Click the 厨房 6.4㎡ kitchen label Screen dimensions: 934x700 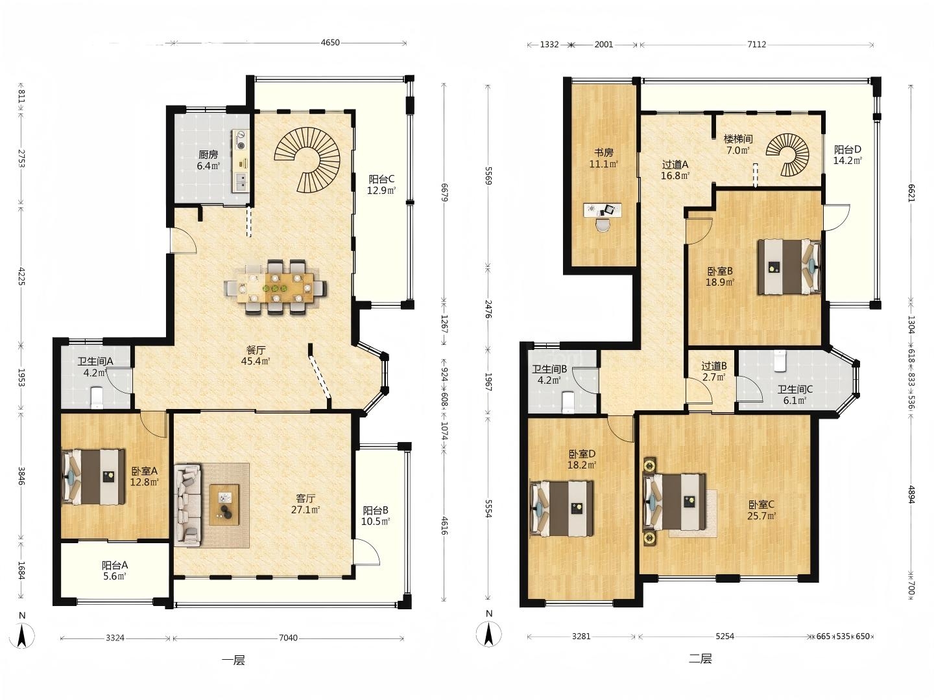coord(208,160)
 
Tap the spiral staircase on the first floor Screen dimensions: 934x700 coord(307,160)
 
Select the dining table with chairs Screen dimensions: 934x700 coord(275,287)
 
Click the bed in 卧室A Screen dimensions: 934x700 coord(94,477)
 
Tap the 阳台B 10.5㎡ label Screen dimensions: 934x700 coord(376,515)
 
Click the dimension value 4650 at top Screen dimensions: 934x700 coord(330,43)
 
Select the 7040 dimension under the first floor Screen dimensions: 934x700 coord(288,638)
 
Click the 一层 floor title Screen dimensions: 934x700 coord(233,660)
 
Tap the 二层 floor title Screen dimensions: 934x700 coord(700,659)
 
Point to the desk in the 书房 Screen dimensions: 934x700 coord(602,211)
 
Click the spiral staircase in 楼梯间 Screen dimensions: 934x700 coord(788,155)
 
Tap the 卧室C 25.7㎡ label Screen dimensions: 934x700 coord(761,510)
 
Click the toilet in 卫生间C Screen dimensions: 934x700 coord(780,360)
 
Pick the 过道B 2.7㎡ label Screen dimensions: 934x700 coord(714,371)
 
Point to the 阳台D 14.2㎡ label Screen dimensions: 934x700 coord(848,155)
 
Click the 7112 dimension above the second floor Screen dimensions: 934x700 coord(756,44)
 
